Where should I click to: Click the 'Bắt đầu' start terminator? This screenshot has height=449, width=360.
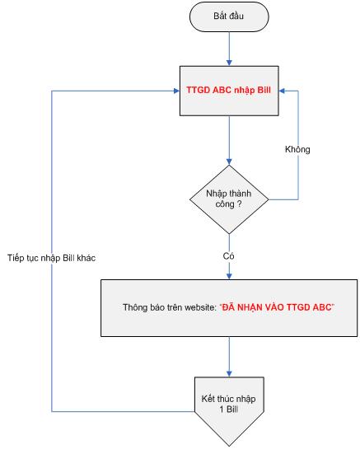(x=229, y=16)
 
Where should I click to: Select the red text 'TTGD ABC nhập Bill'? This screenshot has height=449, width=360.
(x=228, y=90)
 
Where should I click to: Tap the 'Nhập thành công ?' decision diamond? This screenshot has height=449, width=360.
(x=229, y=199)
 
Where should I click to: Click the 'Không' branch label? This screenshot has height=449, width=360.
(x=297, y=149)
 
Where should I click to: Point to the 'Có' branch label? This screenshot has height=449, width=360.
(x=228, y=255)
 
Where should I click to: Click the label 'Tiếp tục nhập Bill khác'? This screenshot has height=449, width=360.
(x=52, y=258)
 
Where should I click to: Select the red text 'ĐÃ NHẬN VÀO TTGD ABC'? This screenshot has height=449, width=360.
(x=277, y=307)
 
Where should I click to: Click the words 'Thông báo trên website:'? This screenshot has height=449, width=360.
(x=170, y=307)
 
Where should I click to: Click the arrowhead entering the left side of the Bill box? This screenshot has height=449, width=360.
(x=177, y=91)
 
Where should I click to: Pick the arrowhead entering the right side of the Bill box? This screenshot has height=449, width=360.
(x=282, y=91)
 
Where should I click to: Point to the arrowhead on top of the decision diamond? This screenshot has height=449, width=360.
(x=229, y=161)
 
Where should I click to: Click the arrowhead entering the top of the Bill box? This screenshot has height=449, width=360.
(x=229, y=63)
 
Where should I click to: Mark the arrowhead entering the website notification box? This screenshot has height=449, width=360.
(x=229, y=276)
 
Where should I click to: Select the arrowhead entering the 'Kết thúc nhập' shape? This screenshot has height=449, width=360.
(x=229, y=373)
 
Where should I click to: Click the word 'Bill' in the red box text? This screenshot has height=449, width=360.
(x=264, y=90)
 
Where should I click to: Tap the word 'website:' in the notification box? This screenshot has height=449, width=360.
(x=200, y=307)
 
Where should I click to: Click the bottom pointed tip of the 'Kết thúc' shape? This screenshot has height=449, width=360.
(x=229, y=446)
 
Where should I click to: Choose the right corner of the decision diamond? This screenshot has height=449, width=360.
(x=269, y=199)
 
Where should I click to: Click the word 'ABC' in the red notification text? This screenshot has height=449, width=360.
(x=322, y=307)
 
